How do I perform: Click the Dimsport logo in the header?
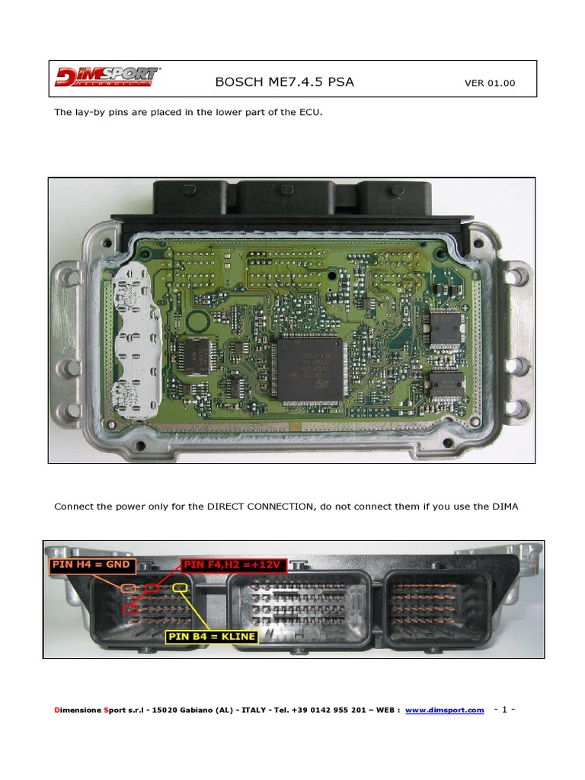tap(107, 77)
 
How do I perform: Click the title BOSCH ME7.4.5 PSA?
tap(285, 82)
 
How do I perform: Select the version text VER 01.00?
tap(490, 83)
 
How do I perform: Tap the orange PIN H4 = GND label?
tap(91, 564)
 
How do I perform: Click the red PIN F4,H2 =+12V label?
tap(233, 565)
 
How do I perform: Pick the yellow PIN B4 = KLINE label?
tap(212, 636)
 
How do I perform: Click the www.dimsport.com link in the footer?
tap(445, 710)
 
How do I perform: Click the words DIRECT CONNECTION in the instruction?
tap(261, 507)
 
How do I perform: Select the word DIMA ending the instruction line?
tap(506, 507)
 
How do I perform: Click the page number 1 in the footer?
tap(504, 709)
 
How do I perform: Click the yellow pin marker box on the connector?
tap(180, 588)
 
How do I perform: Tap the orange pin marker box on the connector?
tap(128, 589)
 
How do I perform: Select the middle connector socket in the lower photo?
tap(299, 608)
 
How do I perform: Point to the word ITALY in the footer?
tap(254, 710)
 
